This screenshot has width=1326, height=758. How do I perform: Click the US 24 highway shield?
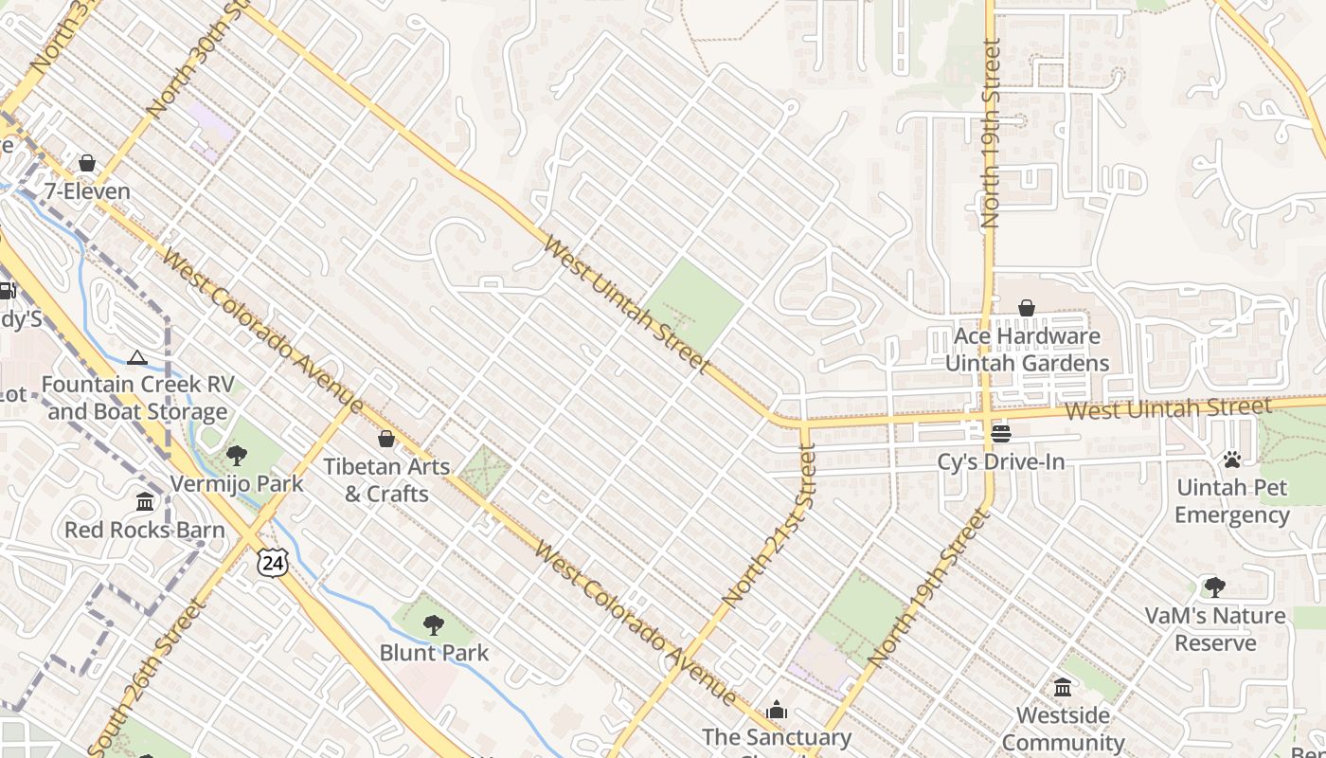pos(272,563)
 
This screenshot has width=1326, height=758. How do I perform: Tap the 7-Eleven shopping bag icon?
pos(87,164)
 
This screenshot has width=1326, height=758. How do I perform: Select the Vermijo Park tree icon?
pos(237,456)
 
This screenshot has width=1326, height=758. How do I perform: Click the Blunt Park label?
pos(434,653)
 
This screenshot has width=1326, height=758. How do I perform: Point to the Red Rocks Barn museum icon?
pos(145,501)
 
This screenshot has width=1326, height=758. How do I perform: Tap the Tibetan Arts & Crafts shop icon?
pos(385,439)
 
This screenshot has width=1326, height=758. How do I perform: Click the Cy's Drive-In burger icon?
pos(1001,434)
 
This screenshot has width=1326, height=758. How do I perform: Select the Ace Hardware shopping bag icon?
pos(1027,308)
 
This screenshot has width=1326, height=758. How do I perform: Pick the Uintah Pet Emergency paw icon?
pos(1231,460)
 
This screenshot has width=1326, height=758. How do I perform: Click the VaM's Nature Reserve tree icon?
pos(1214,587)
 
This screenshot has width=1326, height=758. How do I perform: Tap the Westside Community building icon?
pos(1063,687)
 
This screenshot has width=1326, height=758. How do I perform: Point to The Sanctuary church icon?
pos(777,710)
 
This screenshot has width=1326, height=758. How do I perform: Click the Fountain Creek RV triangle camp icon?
pos(137,357)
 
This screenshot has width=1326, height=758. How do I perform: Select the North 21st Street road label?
pos(769,526)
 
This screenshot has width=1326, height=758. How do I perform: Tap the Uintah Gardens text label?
pos(1027,363)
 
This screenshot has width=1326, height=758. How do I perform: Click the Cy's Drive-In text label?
pos(1001,462)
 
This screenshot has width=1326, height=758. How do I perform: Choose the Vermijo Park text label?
pos(237,483)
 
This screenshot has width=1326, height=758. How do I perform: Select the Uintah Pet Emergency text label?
pos(1231,501)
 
